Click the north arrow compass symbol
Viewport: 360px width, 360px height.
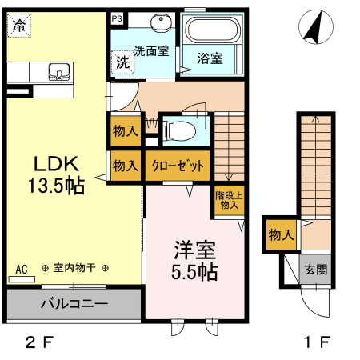point(312,30)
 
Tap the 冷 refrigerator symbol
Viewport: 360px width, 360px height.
point(17,25)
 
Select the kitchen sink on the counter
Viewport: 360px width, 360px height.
point(58,74)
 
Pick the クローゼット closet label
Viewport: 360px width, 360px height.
point(177,166)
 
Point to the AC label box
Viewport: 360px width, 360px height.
point(22,270)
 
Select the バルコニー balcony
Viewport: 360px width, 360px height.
point(73,305)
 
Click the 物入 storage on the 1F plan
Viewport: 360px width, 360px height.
point(280,234)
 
